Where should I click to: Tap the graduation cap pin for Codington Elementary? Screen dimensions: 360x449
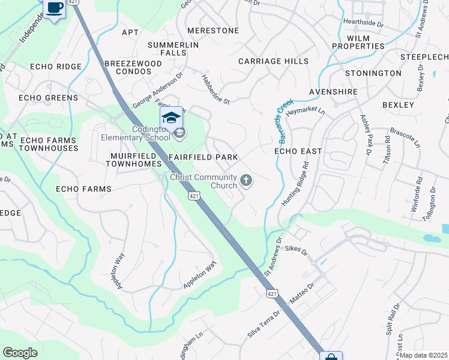point(171,118)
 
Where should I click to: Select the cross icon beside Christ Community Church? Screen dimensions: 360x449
point(246,180)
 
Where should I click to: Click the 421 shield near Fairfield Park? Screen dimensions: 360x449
point(193,196)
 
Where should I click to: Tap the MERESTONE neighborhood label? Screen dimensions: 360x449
point(213,31)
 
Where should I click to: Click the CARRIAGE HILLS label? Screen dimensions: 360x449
point(273,61)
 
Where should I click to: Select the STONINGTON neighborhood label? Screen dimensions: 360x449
point(373,73)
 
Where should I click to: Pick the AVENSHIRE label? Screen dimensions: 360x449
point(333,92)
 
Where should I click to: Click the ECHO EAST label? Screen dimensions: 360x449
point(298,151)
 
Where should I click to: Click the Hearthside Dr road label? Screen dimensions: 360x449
point(363,22)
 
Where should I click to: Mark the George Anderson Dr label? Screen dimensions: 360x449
point(157,91)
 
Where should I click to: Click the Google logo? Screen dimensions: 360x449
point(20,353)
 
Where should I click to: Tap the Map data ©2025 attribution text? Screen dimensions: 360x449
point(423,355)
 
